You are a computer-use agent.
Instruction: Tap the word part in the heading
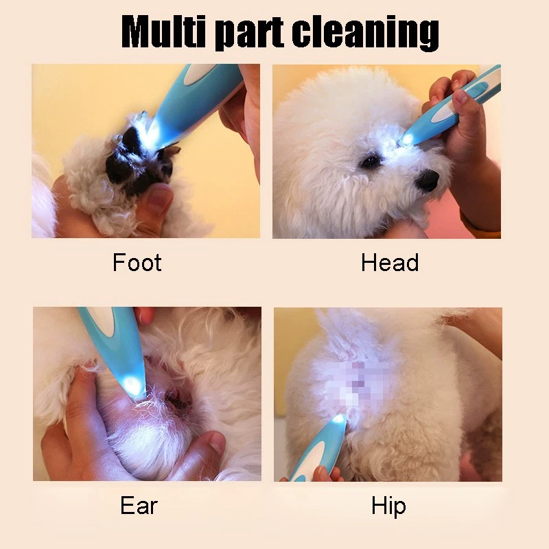click(249, 33)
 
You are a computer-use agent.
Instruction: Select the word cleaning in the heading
click(366, 33)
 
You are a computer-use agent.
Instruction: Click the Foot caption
click(137, 262)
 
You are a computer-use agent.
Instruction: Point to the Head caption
click(390, 262)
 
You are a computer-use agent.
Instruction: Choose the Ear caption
click(139, 506)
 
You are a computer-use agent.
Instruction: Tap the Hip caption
click(388, 506)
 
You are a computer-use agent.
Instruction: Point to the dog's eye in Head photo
click(370, 162)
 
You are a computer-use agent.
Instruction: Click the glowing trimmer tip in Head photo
click(407, 139)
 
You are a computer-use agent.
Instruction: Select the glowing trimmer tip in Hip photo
click(338, 418)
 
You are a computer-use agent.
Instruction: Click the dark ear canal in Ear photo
click(178, 400)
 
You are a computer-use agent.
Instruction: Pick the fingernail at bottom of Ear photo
click(217, 443)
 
